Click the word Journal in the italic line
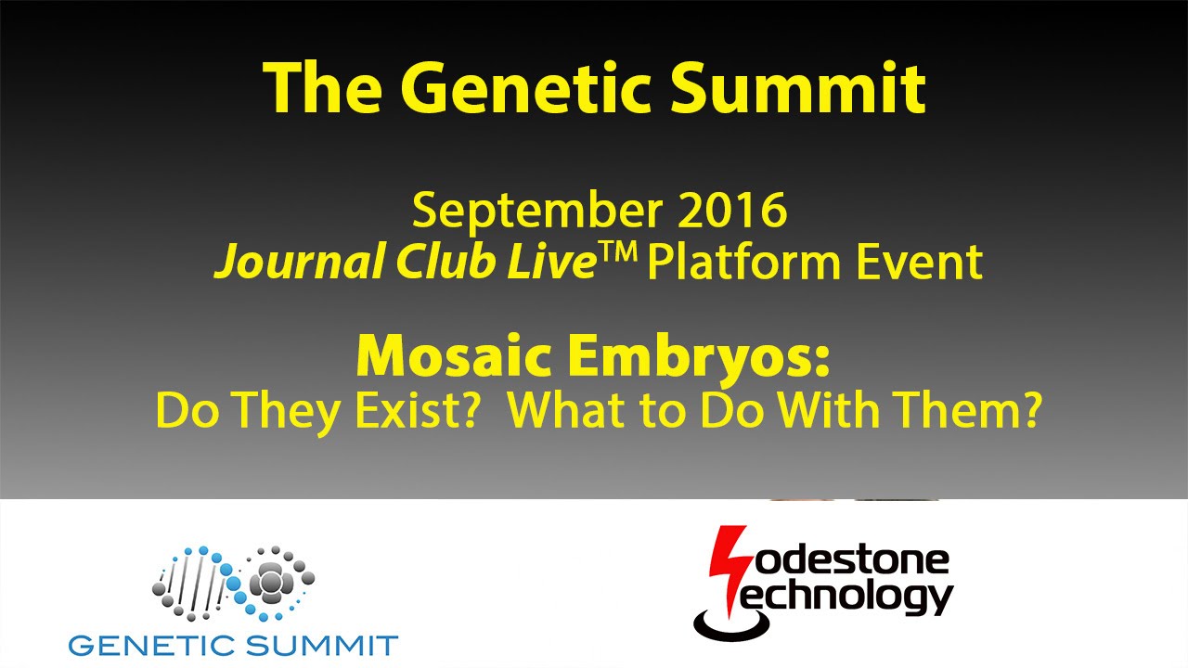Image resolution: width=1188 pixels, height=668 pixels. pyautogui.click(x=299, y=263)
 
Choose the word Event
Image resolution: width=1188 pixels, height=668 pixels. pyautogui.click(x=919, y=262)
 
